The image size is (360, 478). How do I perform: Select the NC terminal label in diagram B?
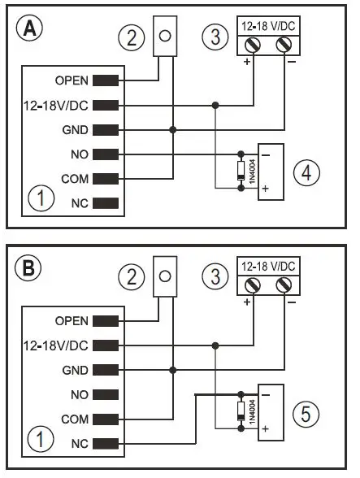click(80, 444)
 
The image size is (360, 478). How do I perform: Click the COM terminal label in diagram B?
click(76, 419)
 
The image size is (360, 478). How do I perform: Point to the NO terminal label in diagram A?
click(80, 154)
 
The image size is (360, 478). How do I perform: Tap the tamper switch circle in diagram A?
click(166, 37)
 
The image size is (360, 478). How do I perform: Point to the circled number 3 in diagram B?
click(214, 276)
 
